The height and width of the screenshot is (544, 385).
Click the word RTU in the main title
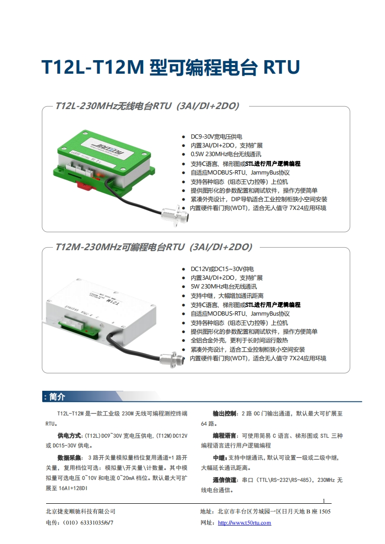pos(281,68)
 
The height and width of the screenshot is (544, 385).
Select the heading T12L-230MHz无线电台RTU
pos(147,106)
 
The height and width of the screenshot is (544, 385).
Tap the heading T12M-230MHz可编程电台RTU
pos(153,247)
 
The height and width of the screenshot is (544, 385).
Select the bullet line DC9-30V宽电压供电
pos(216,136)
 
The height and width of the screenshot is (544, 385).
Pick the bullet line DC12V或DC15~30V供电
pos(222,269)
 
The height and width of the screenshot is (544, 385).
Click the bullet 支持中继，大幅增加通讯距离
pos(227,296)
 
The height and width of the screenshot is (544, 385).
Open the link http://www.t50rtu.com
pos(244,523)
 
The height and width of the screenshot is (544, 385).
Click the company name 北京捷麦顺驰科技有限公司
pos(80,512)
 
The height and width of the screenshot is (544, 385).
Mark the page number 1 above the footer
pos(324,500)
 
